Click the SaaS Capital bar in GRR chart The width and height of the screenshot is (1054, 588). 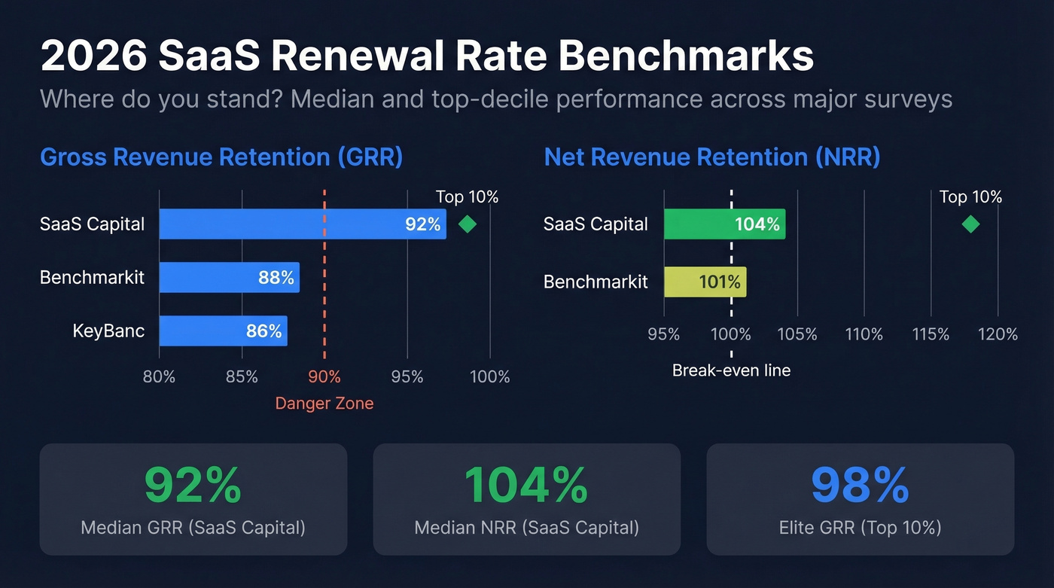[302, 224]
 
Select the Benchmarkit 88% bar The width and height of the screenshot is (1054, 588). [229, 278]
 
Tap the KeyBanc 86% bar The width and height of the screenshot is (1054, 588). [223, 331]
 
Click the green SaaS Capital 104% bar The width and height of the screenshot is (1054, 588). [724, 224]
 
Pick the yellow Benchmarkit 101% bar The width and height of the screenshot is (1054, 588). [705, 282]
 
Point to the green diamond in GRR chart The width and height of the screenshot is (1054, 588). [468, 224]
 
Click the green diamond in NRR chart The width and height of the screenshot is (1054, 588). [970, 224]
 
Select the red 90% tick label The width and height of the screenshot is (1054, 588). [324, 376]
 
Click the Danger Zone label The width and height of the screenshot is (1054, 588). [324, 404]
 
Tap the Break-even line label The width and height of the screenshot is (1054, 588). [731, 370]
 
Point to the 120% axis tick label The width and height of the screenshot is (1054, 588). [998, 334]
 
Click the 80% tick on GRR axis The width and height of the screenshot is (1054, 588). [159, 376]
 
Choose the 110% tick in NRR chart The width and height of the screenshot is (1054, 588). [864, 334]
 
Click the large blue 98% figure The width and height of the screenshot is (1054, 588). [860, 486]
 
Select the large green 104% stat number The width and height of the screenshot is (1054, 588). [526, 486]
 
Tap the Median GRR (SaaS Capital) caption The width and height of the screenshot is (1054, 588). [193, 527]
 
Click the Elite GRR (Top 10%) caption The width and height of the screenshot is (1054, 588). [860, 527]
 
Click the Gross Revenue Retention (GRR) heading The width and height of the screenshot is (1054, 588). [221, 157]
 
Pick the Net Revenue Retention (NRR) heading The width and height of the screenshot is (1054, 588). [712, 157]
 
